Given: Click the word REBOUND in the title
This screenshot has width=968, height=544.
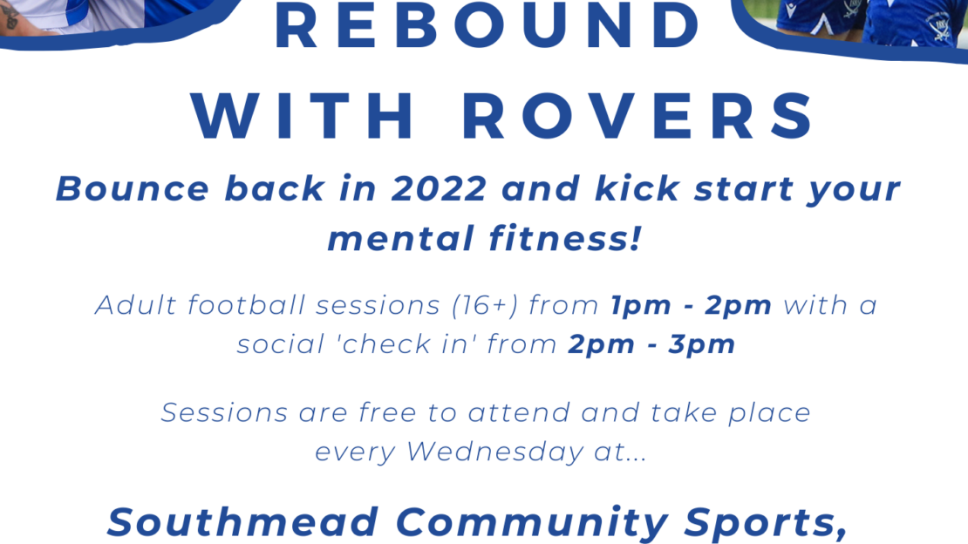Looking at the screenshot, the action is tap(487, 25).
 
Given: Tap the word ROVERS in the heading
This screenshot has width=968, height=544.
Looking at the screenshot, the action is tap(638, 116).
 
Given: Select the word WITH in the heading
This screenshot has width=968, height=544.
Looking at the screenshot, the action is tap(303, 116).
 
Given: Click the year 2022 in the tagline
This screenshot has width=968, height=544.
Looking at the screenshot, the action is tap(439, 189).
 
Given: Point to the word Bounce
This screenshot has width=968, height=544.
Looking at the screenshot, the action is tap(133, 189).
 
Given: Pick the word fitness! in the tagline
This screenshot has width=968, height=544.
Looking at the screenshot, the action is tap(565, 239).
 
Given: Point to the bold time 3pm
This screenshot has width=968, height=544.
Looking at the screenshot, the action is tap(701, 345).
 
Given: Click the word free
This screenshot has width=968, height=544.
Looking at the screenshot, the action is tap(388, 412).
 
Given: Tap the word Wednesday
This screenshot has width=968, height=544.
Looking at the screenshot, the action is tap(494, 452).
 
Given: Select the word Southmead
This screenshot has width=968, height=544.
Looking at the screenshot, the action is tap(242, 522).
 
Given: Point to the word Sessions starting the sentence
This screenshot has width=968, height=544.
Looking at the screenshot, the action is tap(224, 412).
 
